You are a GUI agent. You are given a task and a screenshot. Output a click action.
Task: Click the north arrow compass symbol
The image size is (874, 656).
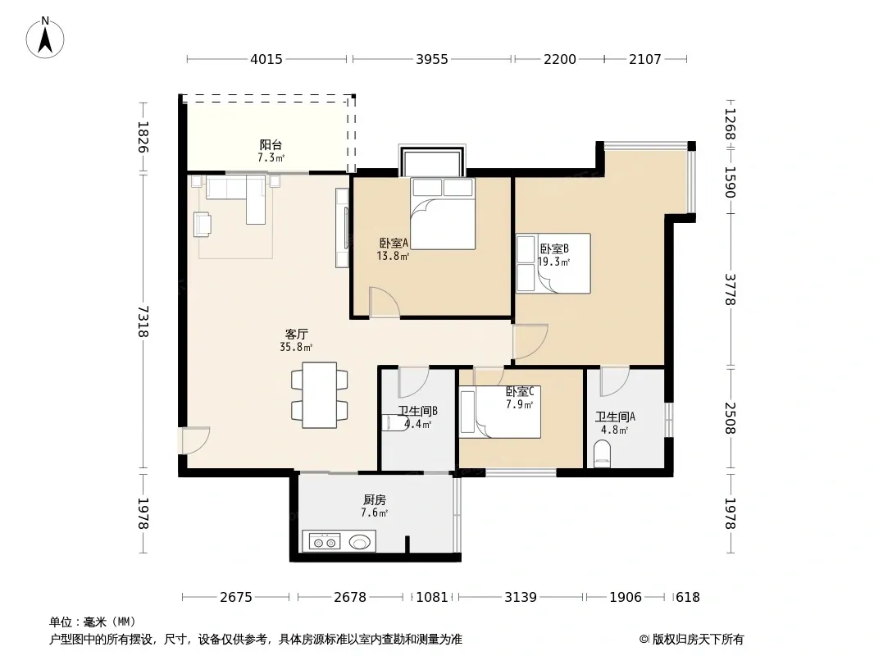click(x=45, y=38)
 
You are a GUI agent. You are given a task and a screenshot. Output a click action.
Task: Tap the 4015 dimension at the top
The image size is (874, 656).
click(x=266, y=59)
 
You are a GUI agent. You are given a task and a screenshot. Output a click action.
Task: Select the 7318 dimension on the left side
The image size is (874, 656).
click(x=143, y=321)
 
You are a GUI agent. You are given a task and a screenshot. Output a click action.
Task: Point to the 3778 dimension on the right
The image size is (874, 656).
click(x=731, y=289)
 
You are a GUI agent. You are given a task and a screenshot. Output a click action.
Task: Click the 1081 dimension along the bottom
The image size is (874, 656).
click(x=432, y=597)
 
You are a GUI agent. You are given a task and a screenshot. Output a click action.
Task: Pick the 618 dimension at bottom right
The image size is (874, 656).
click(x=687, y=597)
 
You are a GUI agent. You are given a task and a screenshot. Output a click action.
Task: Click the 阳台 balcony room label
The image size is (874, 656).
click(x=271, y=145)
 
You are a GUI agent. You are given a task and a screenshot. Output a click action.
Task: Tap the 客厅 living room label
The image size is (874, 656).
click(x=297, y=334)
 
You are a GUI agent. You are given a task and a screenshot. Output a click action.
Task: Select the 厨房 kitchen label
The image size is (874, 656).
click(x=375, y=500)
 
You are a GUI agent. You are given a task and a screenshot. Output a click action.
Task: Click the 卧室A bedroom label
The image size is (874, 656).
click(x=394, y=243)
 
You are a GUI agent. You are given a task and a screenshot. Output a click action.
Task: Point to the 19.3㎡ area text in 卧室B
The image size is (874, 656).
click(x=553, y=262)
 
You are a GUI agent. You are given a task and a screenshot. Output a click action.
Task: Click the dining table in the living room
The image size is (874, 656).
click(x=320, y=395)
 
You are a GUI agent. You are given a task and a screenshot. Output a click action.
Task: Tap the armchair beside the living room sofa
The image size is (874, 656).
click(x=203, y=224)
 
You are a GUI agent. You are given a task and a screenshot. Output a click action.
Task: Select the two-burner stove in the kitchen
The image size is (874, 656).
click(x=325, y=541)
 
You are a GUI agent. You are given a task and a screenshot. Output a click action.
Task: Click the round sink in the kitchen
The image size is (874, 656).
click(x=360, y=541)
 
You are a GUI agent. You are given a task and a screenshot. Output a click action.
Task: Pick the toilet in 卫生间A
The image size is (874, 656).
click(x=603, y=453)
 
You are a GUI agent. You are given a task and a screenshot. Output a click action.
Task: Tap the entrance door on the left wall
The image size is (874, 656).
click(x=194, y=440)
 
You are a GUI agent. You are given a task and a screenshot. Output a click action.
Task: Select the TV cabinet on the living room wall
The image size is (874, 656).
click(x=342, y=227)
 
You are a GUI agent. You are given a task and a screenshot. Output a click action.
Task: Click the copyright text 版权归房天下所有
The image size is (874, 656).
click(x=698, y=640)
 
